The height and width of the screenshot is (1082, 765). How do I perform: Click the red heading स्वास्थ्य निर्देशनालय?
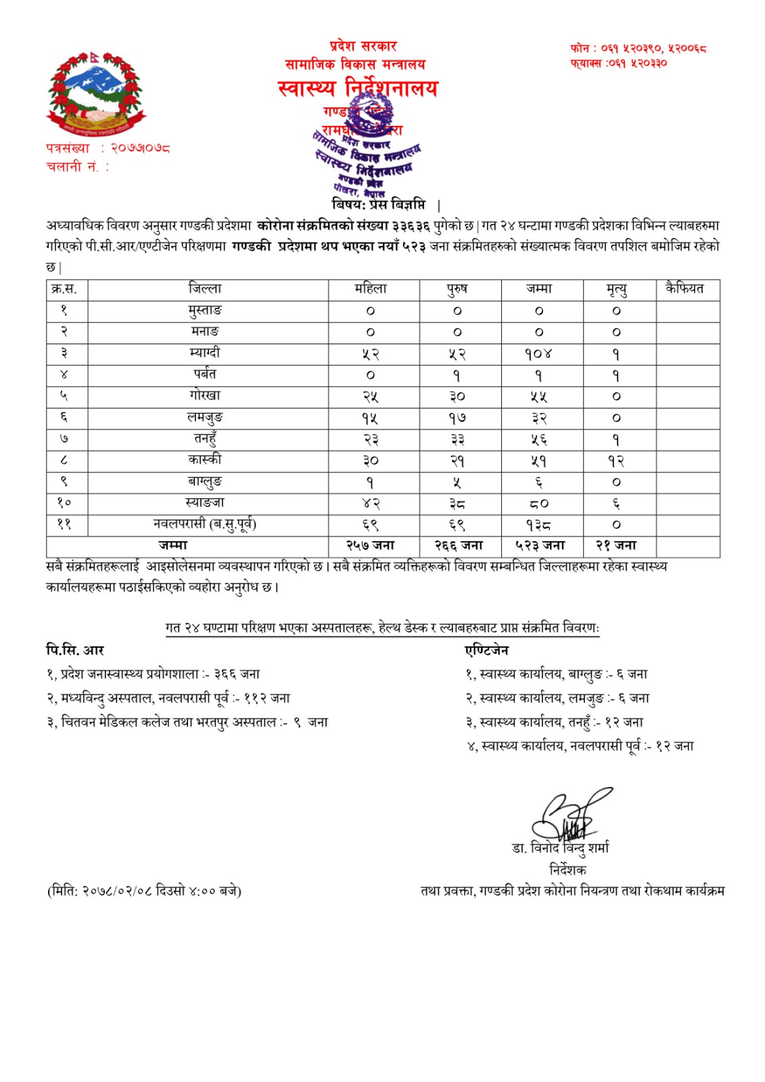pos(358,88)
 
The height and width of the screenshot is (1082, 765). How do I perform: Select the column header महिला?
pos(371,289)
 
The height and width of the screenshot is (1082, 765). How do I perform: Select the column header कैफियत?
pos(685,289)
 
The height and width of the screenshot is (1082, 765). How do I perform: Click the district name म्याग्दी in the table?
pos(205,353)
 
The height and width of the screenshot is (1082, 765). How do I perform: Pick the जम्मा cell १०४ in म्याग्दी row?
pos(539,354)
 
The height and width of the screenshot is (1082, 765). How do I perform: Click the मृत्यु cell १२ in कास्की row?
pos(616,461)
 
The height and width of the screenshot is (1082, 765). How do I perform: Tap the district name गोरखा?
pos(205,396)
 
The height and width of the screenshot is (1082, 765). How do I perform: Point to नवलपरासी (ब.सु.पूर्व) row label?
pos(205,524)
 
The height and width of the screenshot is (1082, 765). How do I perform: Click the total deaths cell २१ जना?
pos(616,545)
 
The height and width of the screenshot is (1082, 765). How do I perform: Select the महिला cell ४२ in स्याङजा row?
pos(371,503)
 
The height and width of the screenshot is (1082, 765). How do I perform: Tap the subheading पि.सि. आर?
pos(75,650)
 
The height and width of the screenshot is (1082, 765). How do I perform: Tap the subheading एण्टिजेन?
pos(486,650)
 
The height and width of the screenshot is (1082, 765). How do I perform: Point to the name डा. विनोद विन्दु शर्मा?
pos(560,848)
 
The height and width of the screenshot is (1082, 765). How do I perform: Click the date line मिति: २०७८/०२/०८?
pos(144,891)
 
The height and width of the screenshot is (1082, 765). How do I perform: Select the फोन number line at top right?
pos(638,48)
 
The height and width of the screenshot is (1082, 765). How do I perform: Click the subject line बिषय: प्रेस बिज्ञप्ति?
pos(379,204)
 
